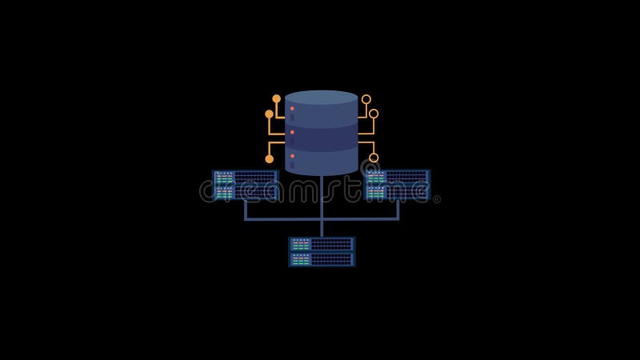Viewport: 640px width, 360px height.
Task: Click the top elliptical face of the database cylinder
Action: click(x=322, y=98)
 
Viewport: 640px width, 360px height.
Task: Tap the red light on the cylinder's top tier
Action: click(x=292, y=109)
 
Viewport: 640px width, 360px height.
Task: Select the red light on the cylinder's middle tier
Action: click(x=292, y=132)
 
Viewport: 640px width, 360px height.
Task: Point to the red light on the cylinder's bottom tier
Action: click(x=292, y=156)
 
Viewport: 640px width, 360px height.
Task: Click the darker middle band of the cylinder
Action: click(x=322, y=137)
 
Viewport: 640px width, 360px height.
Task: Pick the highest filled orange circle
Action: click(x=276, y=98)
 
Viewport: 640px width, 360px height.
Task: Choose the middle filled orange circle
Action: click(x=269, y=114)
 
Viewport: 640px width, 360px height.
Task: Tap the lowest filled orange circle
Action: click(x=270, y=159)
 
